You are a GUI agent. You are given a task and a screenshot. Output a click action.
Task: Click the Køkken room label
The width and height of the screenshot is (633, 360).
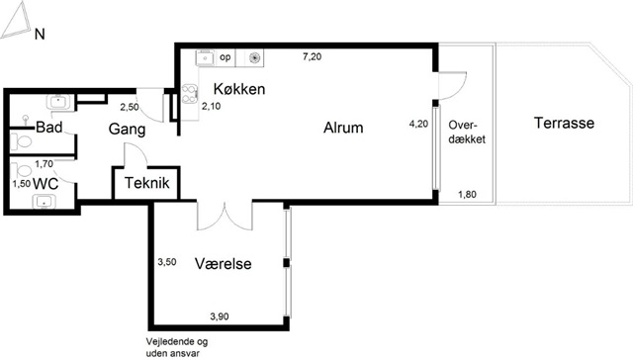click(239, 89)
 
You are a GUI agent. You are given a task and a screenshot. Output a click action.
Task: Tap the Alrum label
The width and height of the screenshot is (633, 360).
click(343, 128)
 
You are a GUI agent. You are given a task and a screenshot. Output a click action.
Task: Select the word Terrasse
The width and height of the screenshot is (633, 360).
click(564, 123)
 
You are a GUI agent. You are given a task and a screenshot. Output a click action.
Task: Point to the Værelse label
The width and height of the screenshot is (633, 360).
click(224, 263)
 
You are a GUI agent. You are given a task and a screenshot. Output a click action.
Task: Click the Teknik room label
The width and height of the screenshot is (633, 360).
click(147, 183)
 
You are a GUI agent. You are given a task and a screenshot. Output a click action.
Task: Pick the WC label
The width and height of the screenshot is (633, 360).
click(45, 184)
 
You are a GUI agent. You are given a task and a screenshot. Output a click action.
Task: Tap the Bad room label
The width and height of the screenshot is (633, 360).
click(49, 128)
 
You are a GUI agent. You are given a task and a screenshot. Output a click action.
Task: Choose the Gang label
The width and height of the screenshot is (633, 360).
click(127, 130)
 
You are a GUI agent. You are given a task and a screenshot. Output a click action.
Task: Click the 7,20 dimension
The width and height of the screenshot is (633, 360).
click(313, 56)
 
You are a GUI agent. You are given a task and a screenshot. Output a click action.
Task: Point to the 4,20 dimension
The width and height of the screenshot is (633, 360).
click(418, 124)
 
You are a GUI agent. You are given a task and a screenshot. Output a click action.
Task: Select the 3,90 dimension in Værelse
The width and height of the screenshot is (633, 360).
click(220, 316)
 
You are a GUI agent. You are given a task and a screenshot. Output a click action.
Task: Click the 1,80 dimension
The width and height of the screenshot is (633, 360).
click(467, 194)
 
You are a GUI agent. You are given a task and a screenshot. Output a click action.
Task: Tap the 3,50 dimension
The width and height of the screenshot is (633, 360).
click(167, 262)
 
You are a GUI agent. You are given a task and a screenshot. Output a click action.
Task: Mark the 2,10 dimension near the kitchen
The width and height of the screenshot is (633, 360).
click(211, 107)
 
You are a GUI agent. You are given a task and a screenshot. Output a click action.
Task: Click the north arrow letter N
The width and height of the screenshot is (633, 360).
click(40, 35)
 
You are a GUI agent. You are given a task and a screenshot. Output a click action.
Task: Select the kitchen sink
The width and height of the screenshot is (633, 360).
click(206, 58)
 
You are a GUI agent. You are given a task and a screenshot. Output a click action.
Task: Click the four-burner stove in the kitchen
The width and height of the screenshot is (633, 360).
click(190, 94)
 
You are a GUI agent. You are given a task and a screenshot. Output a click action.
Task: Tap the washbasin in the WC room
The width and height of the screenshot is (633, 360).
click(45, 202)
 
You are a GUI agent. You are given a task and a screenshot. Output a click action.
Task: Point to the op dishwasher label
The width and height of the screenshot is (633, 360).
click(226, 57)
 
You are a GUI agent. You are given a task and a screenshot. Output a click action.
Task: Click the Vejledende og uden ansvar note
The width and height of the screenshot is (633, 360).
click(177, 347)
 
